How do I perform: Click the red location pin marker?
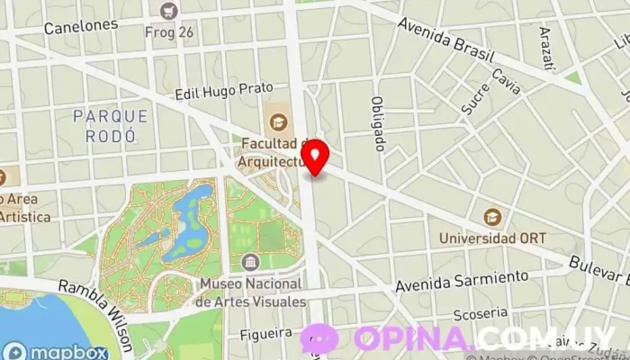click(x=316, y=158)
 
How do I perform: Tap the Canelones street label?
click(x=81, y=25)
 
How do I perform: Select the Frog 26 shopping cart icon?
click(x=168, y=11)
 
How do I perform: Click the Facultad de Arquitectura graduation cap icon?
click(x=276, y=120)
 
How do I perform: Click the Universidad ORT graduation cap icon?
click(x=492, y=217)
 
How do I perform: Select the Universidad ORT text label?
click(x=492, y=238)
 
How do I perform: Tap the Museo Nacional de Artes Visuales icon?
click(x=250, y=262)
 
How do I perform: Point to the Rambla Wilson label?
click(x=97, y=301)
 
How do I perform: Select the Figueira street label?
click(x=267, y=333)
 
